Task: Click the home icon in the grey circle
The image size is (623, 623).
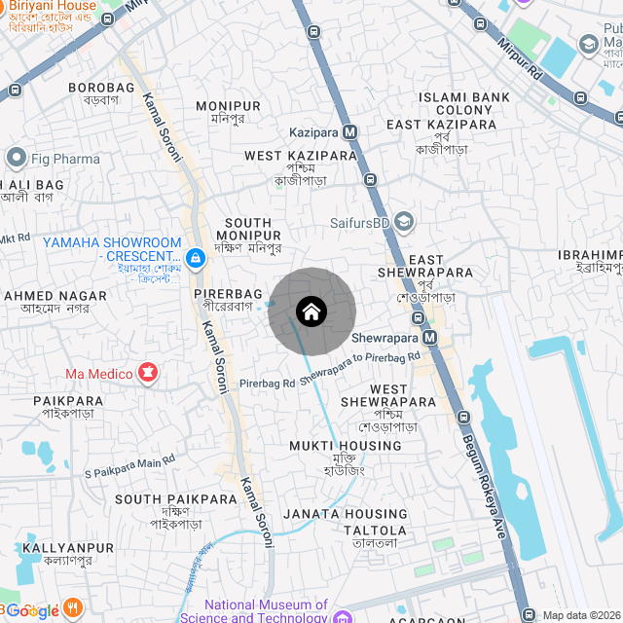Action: (x=311, y=311)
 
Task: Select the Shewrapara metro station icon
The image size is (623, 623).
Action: (x=429, y=337)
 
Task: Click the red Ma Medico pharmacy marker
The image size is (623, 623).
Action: (x=148, y=373)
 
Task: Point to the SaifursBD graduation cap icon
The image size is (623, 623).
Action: (x=404, y=223)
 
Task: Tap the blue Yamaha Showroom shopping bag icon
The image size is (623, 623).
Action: (x=196, y=257)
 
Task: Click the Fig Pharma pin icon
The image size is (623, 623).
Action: (x=15, y=158)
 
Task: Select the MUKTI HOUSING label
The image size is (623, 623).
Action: (x=345, y=446)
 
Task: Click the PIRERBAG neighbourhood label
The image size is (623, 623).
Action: (x=228, y=293)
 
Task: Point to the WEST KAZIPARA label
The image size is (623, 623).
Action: (x=301, y=156)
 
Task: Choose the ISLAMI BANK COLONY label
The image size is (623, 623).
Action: (x=464, y=103)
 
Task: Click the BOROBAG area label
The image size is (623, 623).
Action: (x=100, y=88)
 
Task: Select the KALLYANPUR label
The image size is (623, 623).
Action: (x=56, y=549)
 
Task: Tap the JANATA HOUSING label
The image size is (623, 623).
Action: (x=346, y=514)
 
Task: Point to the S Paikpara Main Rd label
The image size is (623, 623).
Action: (x=129, y=466)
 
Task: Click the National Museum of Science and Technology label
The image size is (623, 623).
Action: (x=266, y=610)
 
